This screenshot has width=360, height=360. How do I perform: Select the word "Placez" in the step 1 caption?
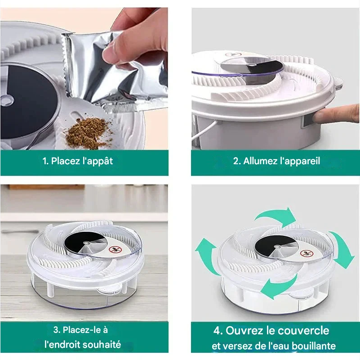pos(65,161)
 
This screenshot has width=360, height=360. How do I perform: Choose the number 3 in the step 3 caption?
pos(56,330)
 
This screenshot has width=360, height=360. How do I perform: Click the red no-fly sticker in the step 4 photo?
pos(307,254)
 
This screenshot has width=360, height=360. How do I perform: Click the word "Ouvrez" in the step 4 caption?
pos(244,331)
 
